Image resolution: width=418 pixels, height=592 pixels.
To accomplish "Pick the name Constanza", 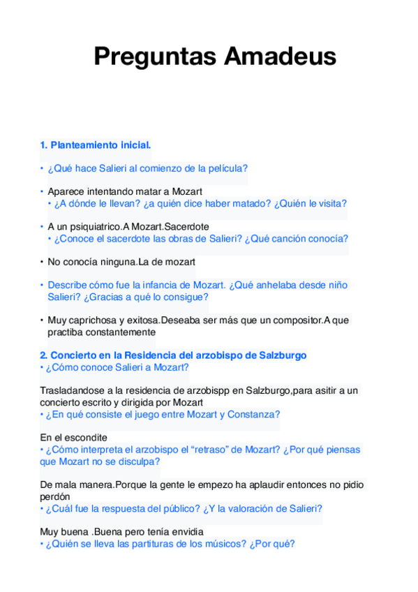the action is point(253,415).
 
